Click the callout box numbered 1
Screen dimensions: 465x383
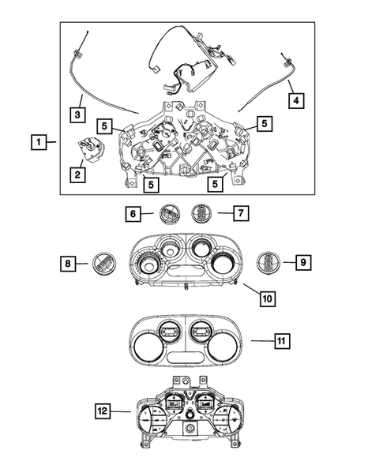[36, 143]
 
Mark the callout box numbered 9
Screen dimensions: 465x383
[302, 263]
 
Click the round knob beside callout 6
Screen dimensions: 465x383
[169, 212]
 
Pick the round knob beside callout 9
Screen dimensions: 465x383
[269, 262]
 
